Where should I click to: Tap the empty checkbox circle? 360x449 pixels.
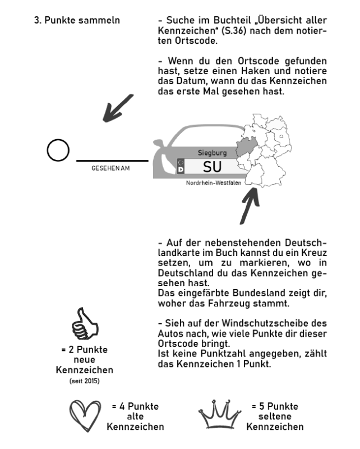[x=58, y=151]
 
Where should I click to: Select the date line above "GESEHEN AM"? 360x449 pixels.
[x=112, y=161]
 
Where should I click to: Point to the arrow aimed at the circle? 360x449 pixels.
[x=118, y=107]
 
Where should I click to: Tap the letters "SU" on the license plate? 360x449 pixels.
[x=212, y=167]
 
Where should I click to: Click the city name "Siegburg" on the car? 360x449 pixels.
[x=213, y=153]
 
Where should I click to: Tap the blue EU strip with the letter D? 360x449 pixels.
[x=181, y=167]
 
